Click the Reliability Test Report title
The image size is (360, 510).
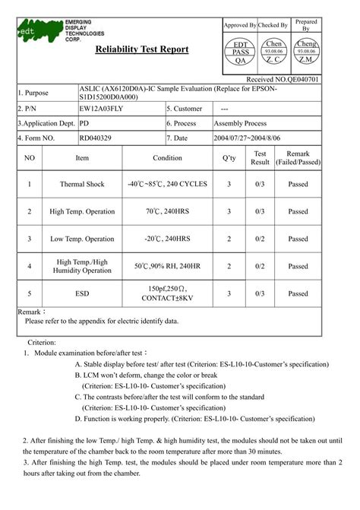[142, 49]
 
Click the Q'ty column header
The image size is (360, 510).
[229, 158]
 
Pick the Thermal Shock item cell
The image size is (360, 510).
[81, 184]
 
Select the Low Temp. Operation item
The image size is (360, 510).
[81, 239]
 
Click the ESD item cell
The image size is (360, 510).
[81, 293]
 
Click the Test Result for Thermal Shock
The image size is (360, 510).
[260, 184]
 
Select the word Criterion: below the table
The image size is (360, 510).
[43, 343]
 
